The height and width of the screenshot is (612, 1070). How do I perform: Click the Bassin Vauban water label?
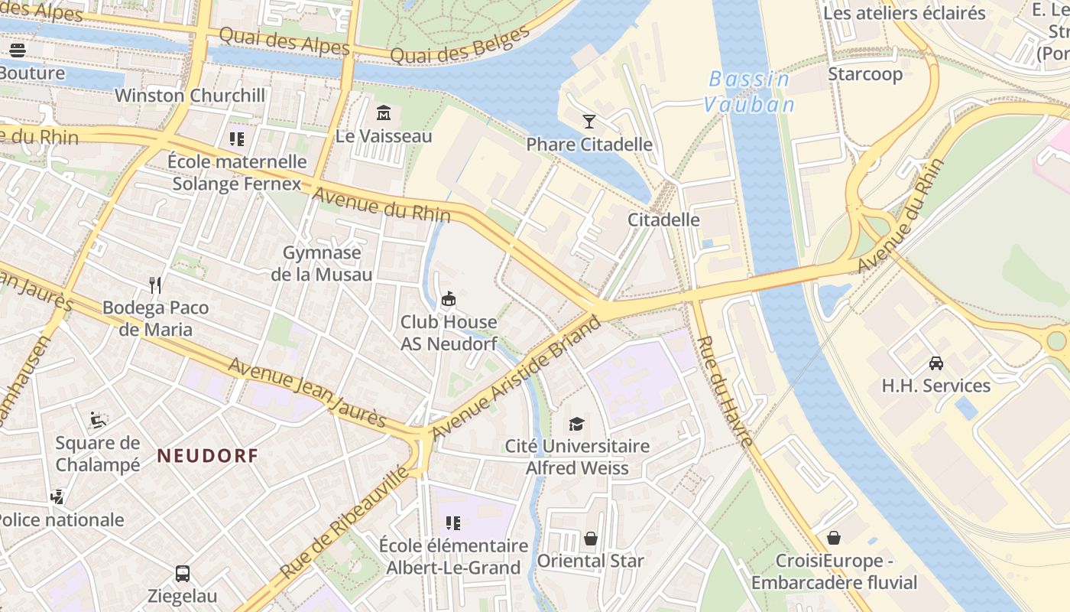point(749,92)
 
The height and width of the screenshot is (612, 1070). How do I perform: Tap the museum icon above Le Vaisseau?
point(384,114)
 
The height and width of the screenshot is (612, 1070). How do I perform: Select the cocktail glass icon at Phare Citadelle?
point(589,122)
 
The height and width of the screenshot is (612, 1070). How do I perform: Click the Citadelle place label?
point(663,220)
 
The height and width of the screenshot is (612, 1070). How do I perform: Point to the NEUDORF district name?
point(207,456)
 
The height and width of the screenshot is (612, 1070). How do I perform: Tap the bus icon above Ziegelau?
point(183,573)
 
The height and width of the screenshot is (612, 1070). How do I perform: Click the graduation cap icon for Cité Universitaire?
point(577,424)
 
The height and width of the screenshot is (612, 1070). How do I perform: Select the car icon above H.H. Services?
point(936,363)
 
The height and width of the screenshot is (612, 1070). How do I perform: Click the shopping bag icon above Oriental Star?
point(591,539)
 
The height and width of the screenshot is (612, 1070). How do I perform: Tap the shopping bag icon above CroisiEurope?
point(834,538)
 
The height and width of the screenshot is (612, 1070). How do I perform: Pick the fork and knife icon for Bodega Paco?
point(155,285)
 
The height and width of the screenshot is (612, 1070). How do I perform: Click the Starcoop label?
point(865,74)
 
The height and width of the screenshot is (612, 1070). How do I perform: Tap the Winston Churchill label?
point(190,96)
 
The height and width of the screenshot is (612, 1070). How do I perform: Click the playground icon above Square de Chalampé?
point(98,420)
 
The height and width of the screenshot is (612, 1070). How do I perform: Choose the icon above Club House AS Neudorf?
point(449,299)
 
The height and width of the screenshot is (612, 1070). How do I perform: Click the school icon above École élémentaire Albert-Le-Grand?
point(453,523)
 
